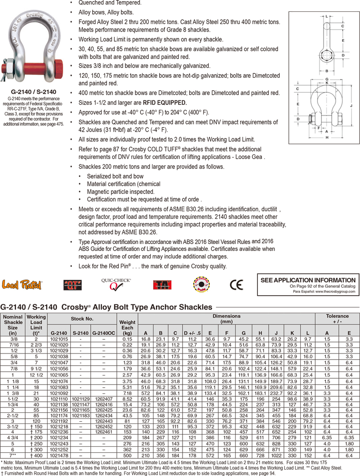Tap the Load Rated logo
pos(23,284)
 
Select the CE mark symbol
pos(236,285)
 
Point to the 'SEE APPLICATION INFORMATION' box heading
pos(308,280)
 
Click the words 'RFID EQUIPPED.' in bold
pos(165,103)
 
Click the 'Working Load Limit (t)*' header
pos(36,325)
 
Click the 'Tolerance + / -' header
pos(337,319)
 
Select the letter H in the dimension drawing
pos(327,136)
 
